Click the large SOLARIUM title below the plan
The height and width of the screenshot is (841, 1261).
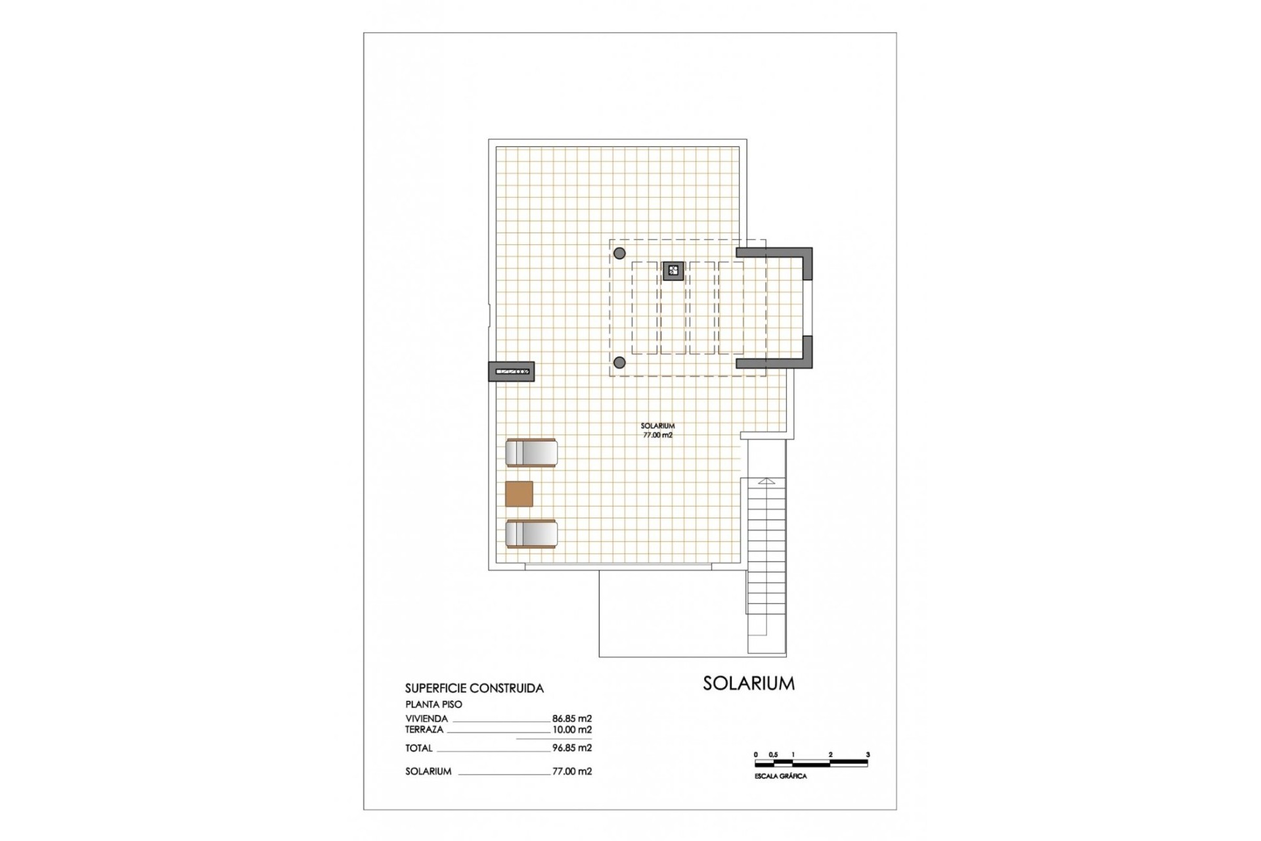(749, 683)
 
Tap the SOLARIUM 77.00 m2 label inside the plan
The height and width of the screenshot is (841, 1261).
(657, 430)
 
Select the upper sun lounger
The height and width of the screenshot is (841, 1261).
(531, 453)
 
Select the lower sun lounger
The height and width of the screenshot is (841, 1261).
(531, 534)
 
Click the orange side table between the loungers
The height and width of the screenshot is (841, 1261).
(519, 493)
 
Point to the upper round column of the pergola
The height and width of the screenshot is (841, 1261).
(619, 253)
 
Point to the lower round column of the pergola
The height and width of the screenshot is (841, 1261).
(619, 362)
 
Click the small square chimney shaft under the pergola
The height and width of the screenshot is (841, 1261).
(673, 271)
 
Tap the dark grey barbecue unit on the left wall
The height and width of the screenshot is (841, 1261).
(511, 372)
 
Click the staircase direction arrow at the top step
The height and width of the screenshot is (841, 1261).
(766, 482)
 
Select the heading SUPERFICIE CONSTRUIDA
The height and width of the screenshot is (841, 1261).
(474, 689)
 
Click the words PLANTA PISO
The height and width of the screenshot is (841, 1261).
(433, 704)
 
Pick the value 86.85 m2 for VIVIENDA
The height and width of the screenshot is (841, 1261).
(572, 719)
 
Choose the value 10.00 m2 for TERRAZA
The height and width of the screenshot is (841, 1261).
(572, 729)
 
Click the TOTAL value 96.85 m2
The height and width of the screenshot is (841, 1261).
(572, 748)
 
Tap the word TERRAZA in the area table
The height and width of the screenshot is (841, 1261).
(424, 729)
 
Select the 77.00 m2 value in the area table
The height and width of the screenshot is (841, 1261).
(572, 771)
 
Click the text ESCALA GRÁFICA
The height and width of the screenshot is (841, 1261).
(781, 776)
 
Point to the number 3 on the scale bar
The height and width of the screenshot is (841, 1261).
(868, 755)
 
